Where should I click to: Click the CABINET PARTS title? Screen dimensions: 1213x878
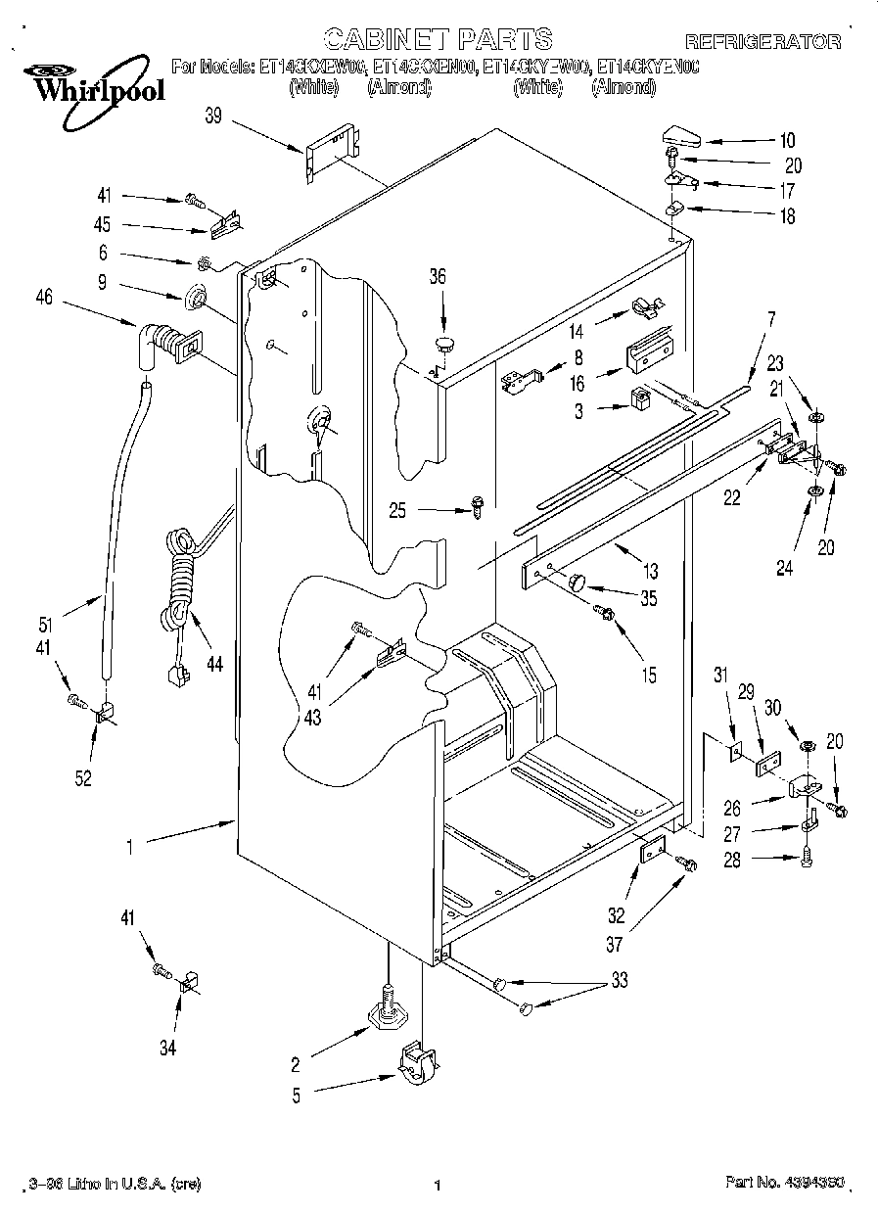pos(438,39)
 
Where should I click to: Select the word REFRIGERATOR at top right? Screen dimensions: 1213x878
pos(762,41)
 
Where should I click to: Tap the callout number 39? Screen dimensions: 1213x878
pos(213,116)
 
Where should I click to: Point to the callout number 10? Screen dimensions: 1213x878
pos(787,140)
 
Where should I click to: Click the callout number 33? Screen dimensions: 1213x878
pos(619,980)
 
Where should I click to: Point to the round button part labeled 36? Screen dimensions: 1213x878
pos(444,343)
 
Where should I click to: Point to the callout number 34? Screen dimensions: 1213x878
pos(167,1049)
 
